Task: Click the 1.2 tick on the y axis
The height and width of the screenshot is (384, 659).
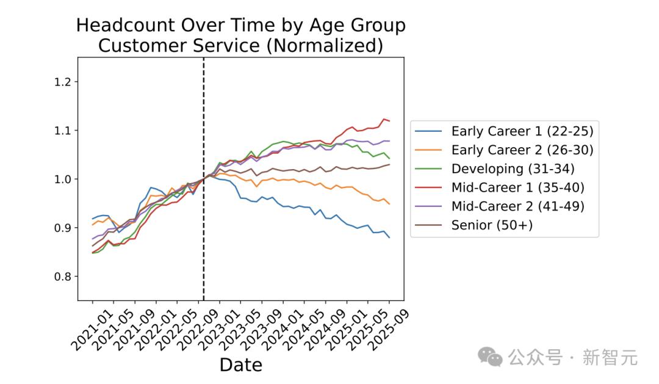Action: pos(63,82)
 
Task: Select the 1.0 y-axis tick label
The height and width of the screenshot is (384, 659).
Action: pos(63,179)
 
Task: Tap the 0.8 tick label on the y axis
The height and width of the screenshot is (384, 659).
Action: pos(63,277)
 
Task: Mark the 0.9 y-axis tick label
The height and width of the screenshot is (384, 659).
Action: pos(63,228)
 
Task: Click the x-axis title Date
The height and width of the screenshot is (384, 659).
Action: pos(241,364)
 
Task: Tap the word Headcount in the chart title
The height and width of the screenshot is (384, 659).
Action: pos(126,25)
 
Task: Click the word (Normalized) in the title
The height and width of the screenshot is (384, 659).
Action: pos(325,45)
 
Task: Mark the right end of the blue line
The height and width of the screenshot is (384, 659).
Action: pos(389,237)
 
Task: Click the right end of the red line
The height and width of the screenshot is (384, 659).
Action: pos(389,121)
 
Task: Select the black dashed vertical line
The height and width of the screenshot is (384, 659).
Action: pos(204,179)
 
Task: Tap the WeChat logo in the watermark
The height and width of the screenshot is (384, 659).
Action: pos(490,357)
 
